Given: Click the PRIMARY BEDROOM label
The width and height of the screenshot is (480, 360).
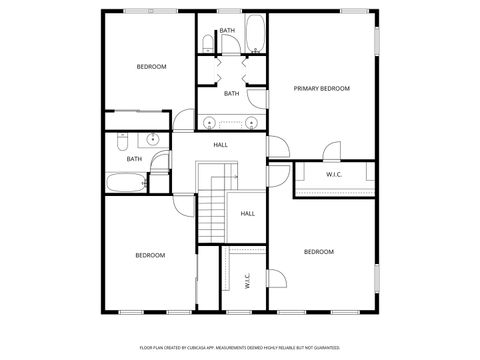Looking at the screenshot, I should click(321, 89).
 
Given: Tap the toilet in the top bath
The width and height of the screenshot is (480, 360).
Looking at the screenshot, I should click(206, 42).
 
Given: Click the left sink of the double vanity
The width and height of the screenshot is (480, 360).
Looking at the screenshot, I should click(209, 123).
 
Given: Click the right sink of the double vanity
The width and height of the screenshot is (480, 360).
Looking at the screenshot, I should click(251, 123).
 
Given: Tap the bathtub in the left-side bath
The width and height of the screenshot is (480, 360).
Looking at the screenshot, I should click(125, 183).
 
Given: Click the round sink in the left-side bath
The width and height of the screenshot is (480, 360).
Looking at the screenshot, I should click(153, 140).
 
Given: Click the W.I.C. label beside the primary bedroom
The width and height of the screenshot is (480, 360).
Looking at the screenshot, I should click(334, 175).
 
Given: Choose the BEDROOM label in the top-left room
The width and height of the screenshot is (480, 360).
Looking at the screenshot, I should click(151, 66).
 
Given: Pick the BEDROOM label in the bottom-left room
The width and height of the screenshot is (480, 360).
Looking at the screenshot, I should click(150, 255).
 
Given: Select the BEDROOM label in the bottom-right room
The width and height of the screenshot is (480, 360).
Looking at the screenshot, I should click(318, 251).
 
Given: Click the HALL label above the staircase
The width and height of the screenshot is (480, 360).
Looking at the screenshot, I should click(220, 145).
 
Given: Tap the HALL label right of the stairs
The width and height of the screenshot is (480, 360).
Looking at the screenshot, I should click(247, 213).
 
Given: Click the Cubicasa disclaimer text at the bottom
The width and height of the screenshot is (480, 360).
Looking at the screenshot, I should click(239, 349).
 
